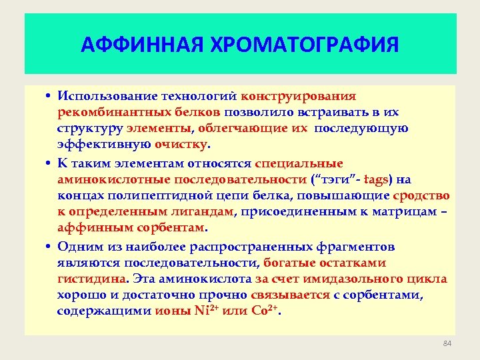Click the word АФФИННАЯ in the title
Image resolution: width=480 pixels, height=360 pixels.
pos(137,45)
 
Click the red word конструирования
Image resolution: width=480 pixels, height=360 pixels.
pos(298,97)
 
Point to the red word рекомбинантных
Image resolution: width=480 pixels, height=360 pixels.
pos(101,112)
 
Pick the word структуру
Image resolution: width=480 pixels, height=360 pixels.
pos(85,128)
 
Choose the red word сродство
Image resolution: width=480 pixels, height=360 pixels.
pos(421,195)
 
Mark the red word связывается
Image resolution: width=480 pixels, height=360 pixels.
pos(291,295)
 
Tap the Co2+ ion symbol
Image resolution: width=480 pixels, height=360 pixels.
pos(265,311)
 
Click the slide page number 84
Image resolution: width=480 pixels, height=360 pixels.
pos(447,343)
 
